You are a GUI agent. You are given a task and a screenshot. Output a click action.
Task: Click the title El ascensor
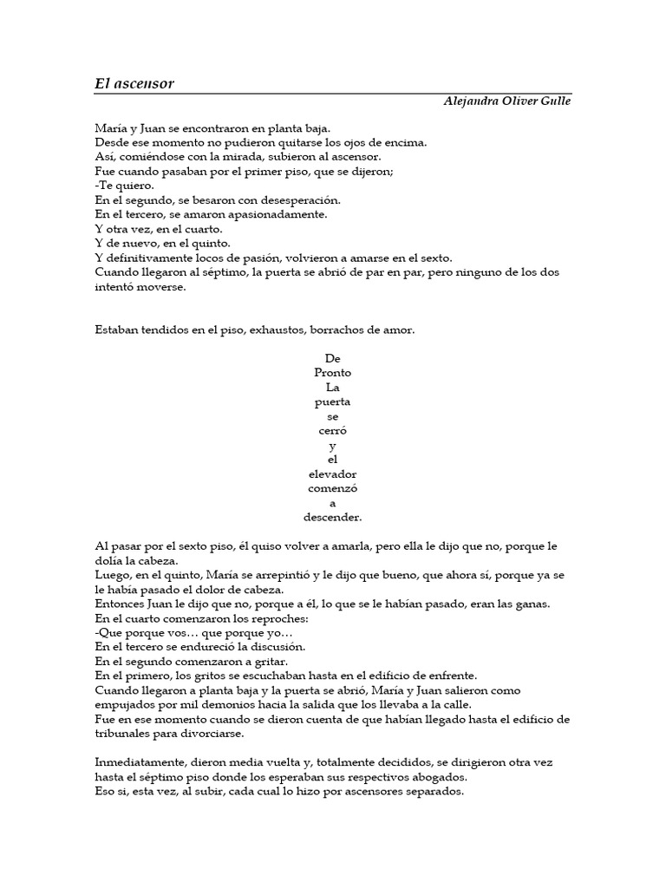(x=134, y=83)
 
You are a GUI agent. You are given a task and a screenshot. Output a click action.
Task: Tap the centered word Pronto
(x=332, y=373)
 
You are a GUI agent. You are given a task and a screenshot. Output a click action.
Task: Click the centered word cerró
(x=332, y=431)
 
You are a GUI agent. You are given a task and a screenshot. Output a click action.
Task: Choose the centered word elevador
(x=332, y=474)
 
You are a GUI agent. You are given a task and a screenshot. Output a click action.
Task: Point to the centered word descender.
(x=332, y=518)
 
